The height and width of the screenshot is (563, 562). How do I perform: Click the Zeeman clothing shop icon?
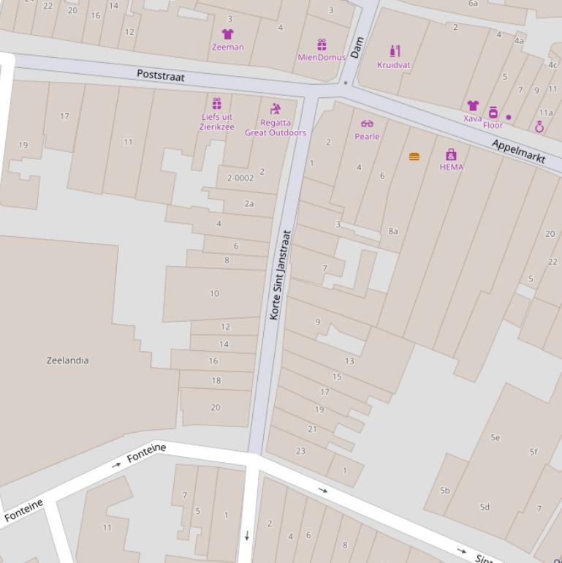227,34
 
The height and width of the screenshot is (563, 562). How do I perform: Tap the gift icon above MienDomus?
322,45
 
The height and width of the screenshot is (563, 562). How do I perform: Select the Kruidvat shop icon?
395,51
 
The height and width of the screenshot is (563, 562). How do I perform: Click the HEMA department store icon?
451,154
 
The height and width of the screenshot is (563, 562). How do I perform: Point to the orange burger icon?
414,156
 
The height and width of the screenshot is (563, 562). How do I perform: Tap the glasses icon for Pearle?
367,124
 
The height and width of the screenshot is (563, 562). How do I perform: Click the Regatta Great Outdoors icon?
276,109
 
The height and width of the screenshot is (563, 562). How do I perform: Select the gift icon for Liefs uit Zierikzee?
217,103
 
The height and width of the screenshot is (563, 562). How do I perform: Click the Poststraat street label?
161,76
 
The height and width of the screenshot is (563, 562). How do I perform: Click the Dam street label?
357,48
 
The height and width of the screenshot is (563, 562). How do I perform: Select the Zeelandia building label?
68,360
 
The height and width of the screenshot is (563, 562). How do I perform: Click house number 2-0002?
240,178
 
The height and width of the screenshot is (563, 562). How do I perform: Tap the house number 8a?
393,231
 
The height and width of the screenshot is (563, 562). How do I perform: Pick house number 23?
300,450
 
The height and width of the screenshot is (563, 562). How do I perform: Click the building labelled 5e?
495,437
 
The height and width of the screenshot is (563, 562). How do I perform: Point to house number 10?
214,293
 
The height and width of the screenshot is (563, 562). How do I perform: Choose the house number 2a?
249,204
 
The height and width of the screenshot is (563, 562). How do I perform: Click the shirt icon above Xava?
473,106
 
